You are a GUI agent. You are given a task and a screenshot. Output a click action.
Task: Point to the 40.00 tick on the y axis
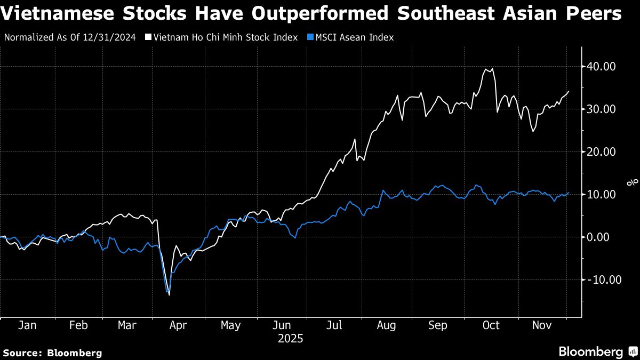602,67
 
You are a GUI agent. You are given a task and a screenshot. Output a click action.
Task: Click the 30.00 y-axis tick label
602,109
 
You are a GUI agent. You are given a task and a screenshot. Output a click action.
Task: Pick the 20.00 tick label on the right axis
602,152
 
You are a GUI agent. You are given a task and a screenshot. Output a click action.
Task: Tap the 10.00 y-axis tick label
602,195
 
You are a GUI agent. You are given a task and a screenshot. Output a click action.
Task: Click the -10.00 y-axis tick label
599,279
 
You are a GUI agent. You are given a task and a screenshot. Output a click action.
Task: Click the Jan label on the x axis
27,325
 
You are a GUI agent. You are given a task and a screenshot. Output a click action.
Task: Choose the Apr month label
178,325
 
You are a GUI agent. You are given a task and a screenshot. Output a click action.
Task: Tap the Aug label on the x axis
386,325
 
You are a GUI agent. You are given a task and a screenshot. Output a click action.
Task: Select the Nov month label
541,325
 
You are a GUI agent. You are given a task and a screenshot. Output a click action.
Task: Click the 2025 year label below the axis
291,338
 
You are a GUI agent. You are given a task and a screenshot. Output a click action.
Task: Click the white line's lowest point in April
169,295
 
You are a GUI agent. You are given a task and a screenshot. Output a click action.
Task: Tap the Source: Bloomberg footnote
52,353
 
